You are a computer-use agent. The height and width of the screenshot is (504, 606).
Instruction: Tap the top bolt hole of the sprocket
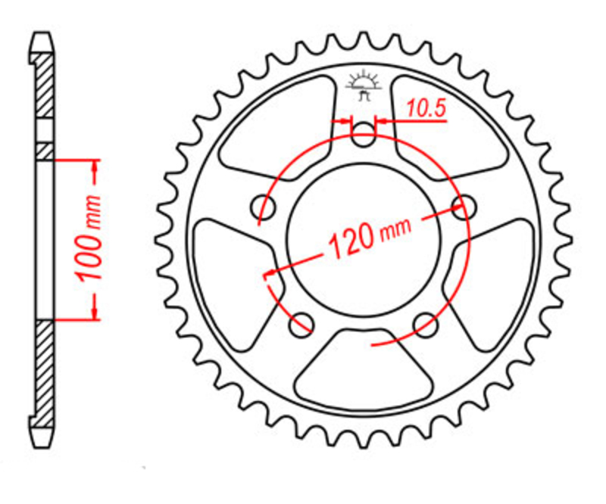click(364, 134)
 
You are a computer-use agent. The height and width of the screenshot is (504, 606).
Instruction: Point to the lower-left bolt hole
click(301, 325)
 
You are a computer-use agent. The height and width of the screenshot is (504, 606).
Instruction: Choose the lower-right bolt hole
click(425, 325)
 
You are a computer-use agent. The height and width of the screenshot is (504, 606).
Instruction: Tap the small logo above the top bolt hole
click(364, 86)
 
